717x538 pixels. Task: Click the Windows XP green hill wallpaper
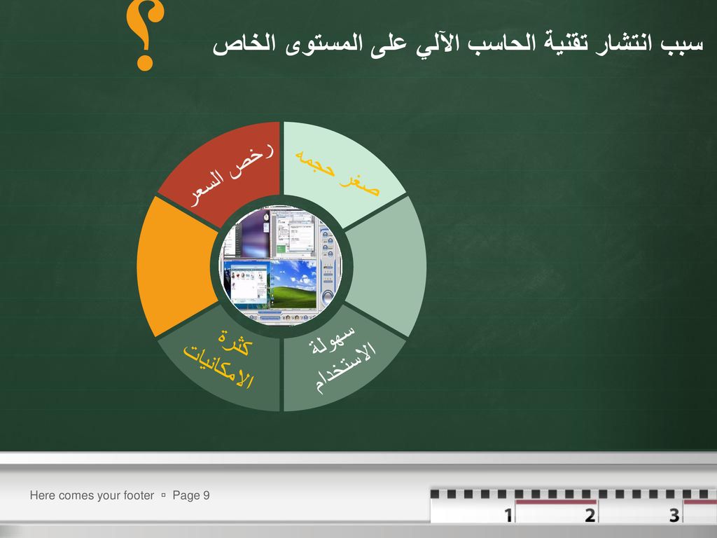[293, 284]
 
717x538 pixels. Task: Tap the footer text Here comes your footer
[92, 495]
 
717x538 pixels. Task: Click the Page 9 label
[191, 495]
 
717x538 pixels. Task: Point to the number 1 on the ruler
[508, 515]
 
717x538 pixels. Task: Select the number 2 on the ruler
[590, 515]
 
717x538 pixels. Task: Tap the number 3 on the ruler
[674, 515]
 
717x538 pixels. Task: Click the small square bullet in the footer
[163, 495]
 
